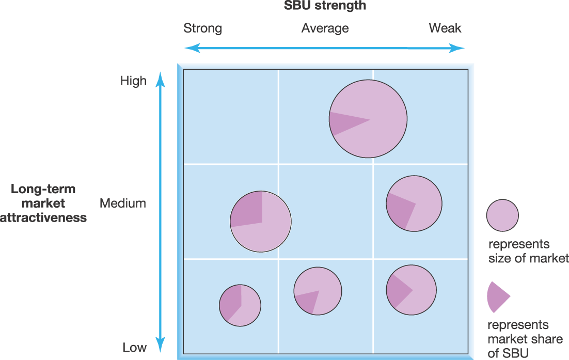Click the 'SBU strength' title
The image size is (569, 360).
pos(325,6)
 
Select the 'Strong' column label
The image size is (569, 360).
pos(202,28)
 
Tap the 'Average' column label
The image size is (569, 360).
pos(325,28)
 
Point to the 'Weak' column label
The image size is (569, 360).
pos(445,28)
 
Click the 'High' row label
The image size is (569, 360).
pos(133,81)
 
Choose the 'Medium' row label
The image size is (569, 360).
pos(123,203)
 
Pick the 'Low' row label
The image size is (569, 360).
pos(134,347)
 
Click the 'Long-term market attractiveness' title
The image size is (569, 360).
pos(43,203)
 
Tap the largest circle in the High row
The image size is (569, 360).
pos(368,119)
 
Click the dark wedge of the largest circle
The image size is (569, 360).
pos(345,122)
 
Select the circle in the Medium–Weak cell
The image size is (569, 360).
pos(414,204)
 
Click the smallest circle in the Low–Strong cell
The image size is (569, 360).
pos(240,305)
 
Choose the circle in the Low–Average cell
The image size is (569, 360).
pos(318,291)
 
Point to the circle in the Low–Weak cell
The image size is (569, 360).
pos(411,290)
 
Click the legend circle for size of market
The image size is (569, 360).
pos(502,215)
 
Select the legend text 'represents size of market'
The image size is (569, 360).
pos(528,251)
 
